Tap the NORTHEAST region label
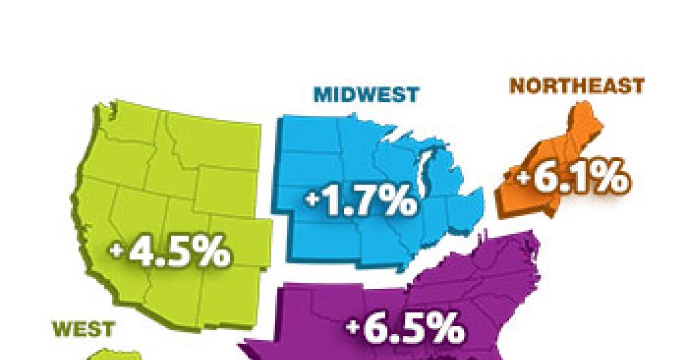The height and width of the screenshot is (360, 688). pos(577,86)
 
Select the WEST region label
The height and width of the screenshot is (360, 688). pos(84,329)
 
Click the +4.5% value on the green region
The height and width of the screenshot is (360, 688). pos(170,253)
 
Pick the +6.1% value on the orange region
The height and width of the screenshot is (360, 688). pos(571,179)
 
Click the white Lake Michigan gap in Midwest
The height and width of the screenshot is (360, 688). pos(425,172)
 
